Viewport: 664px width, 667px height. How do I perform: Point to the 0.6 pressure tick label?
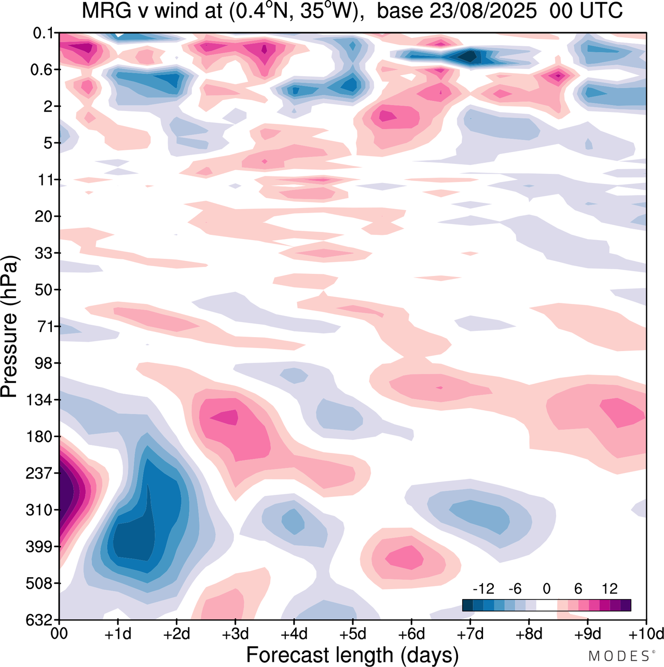tap(43, 70)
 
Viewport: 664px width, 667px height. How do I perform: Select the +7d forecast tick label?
tap(471, 634)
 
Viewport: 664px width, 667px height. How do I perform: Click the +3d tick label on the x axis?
tap(235, 634)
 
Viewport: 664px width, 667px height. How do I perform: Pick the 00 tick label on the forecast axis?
tap(60, 634)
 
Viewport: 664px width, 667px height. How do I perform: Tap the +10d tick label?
tap(646, 634)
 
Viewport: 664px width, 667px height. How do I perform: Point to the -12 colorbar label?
tap(483, 589)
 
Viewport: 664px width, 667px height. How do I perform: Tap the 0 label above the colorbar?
tap(546, 589)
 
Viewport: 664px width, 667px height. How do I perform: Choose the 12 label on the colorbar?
tap(610, 589)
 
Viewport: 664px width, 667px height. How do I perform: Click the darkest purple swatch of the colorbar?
tap(626, 605)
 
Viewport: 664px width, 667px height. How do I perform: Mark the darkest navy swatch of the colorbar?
tap(467, 605)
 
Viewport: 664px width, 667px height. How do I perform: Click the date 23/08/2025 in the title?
tap(457, 11)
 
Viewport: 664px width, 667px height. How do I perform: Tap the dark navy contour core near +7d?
tap(470, 56)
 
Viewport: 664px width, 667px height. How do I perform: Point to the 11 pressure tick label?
tap(47, 180)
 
